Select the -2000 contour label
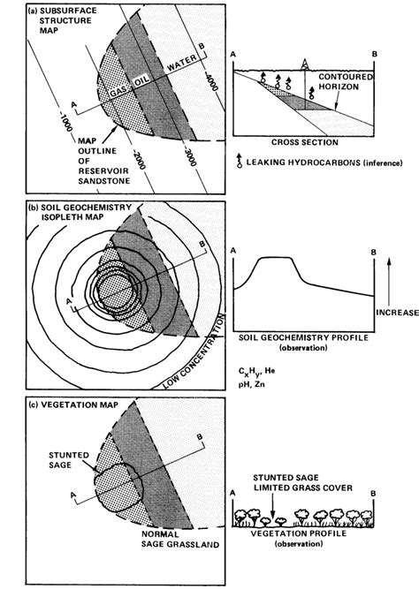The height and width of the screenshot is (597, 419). tap(133, 160)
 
